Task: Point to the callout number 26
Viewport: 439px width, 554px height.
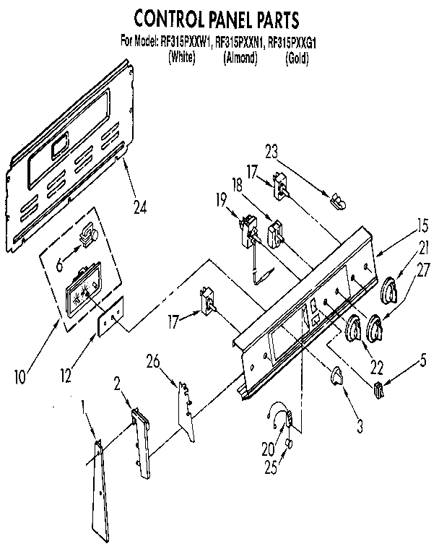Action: pyautogui.click(x=152, y=360)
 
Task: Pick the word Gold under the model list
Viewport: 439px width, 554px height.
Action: pyautogui.click(x=297, y=59)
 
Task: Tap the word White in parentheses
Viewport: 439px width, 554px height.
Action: pyautogui.click(x=181, y=59)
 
